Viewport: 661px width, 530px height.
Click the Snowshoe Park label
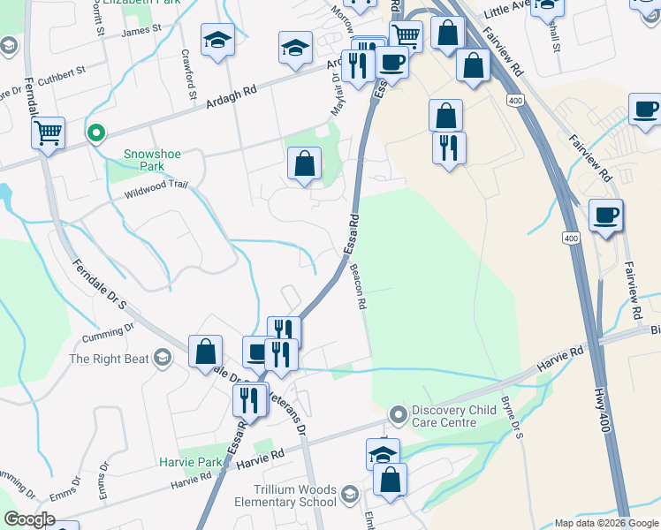point(152,159)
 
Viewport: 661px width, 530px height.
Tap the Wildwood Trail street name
point(156,188)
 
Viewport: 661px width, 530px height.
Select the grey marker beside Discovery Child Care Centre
point(399,413)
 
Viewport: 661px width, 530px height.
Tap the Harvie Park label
point(191,462)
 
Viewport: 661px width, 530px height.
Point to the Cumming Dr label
point(107,332)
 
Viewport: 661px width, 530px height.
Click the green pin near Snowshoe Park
point(96,134)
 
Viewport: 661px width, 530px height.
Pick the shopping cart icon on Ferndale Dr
point(48,133)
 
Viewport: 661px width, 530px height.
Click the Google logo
point(29,519)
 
